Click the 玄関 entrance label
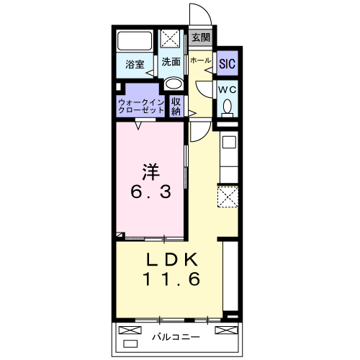201,37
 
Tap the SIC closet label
227,63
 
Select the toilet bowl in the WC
228,106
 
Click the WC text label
228,90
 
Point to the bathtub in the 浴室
135,40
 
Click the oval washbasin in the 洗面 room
174,84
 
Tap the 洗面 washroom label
171,62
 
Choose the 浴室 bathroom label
135,64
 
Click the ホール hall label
201,60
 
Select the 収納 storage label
176,107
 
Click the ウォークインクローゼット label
141,107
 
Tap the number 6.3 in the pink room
151,192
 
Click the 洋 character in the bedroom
150,171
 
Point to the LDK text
172,259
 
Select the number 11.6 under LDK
171,279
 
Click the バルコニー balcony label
176,337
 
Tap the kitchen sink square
229,143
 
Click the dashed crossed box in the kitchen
228,197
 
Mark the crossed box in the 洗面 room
170,38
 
